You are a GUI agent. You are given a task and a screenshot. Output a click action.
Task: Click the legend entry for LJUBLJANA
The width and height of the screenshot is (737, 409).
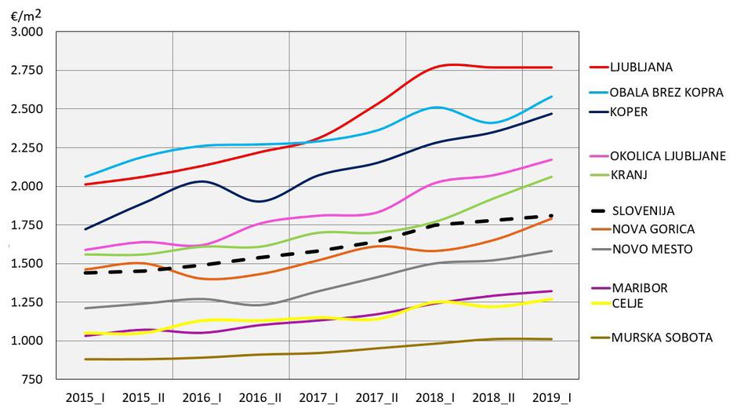(642, 67)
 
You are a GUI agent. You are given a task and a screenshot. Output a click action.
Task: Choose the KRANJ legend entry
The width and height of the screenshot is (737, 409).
(629, 174)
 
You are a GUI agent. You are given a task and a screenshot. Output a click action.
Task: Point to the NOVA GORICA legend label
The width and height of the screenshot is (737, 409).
(652, 229)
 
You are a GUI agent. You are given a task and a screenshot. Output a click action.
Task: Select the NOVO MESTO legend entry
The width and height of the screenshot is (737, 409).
(652, 249)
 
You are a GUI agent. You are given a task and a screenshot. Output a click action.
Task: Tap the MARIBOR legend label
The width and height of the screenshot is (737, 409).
(640, 288)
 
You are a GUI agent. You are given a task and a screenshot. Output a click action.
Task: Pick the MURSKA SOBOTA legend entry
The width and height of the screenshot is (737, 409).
(662, 338)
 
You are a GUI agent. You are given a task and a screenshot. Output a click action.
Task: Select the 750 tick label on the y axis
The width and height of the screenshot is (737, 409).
(33, 379)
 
